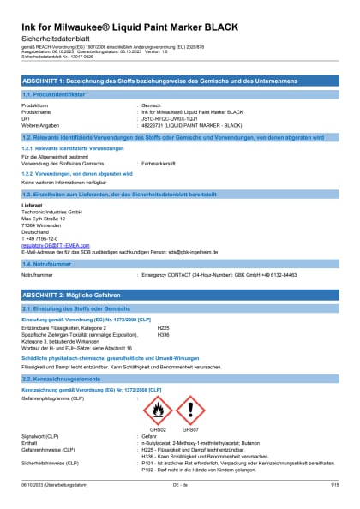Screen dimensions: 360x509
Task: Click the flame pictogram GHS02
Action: coord(155,410)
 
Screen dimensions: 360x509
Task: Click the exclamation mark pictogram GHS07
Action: coord(190,410)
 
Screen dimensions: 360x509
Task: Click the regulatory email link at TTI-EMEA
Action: coord(52,245)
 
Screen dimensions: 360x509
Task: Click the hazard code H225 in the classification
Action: coord(163,327)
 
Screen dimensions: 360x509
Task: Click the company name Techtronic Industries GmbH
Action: coord(51,210)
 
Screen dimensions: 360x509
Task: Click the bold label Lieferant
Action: coord(32,203)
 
